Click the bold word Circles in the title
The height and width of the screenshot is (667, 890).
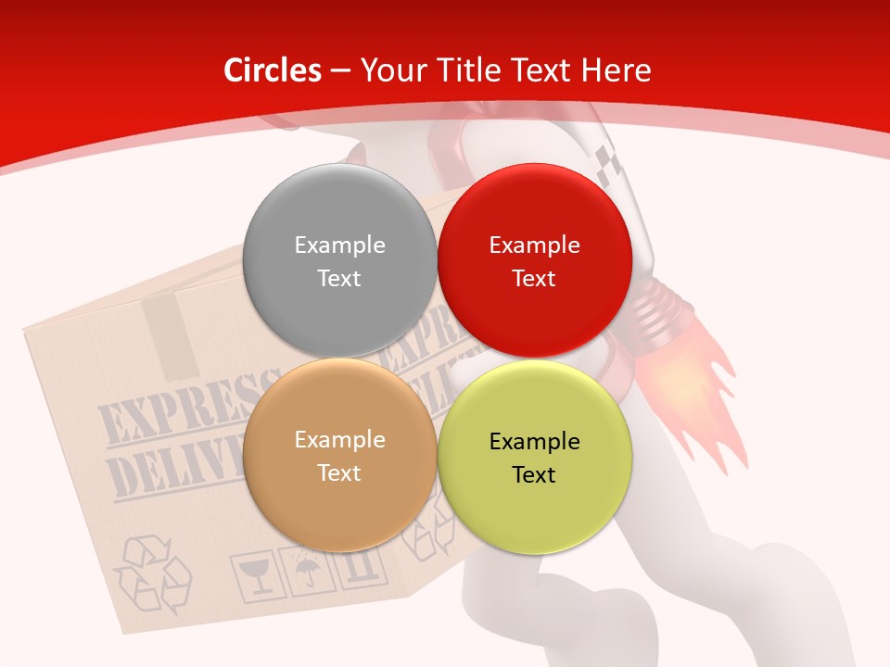coord(273,70)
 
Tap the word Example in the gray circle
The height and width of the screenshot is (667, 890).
coord(339,245)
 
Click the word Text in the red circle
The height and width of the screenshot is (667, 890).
coord(534,279)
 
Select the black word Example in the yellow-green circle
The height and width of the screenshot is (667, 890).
coord(534,442)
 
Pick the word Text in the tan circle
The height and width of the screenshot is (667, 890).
coord(339,473)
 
